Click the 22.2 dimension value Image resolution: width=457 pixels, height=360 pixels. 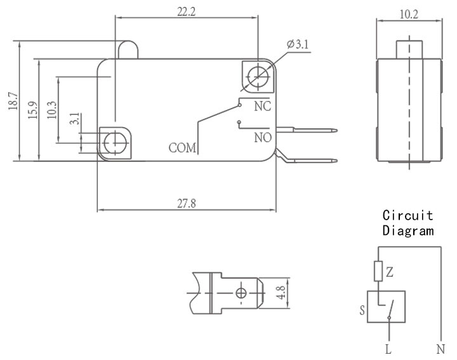click(x=187, y=11)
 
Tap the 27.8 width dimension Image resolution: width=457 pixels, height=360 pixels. click(x=187, y=203)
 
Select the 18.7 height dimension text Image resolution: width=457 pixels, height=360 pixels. click(x=13, y=101)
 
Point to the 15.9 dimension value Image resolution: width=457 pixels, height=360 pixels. click(x=33, y=110)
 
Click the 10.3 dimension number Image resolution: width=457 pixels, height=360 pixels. click(x=51, y=110)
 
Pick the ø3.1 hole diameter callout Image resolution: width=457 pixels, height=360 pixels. click(x=298, y=44)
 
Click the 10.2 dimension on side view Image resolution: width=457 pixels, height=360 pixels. click(x=409, y=14)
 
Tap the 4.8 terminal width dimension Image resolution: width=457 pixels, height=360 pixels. click(x=281, y=292)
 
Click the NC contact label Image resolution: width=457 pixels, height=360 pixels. click(x=263, y=106)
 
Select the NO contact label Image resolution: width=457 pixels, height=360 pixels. click(x=263, y=138)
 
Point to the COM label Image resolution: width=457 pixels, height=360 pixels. click(x=182, y=148)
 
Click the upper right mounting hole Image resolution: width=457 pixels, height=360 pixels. click(x=258, y=77)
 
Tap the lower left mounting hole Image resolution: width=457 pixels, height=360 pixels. click(x=116, y=143)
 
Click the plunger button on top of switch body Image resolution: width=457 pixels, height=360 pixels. click(x=128, y=50)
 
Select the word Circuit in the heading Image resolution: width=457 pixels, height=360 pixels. click(x=407, y=215)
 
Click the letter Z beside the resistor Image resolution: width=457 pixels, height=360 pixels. click(x=389, y=272)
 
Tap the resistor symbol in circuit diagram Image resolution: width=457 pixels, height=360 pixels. click(x=378, y=271)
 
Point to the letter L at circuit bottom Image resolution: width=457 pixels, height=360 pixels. click(x=388, y=349)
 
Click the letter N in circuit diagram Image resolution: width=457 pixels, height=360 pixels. click(x=440, y=349)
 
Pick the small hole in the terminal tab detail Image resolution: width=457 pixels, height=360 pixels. click(x=241, y=293)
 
